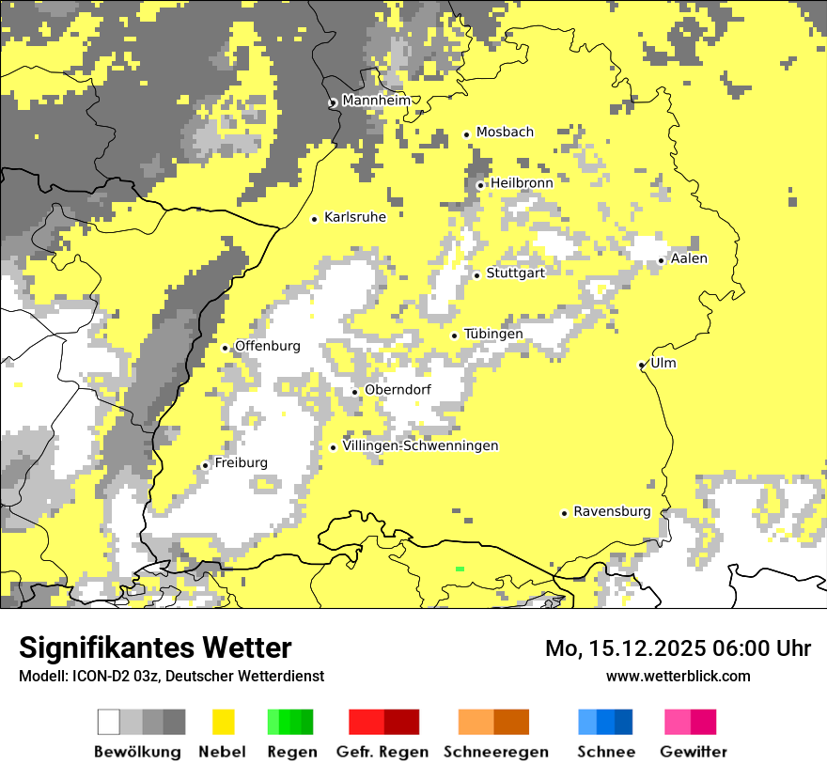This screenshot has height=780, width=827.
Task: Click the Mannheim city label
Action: tap(376, 101)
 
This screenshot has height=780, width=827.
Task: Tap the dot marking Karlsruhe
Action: tap(315, 219)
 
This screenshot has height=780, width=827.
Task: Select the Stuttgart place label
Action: tap(515, 273)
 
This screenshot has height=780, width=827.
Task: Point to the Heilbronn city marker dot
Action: tap(480, 185)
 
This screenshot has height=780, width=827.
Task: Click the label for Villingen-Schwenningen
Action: tap(420, 446)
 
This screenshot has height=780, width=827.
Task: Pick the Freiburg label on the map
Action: tap(241, 463)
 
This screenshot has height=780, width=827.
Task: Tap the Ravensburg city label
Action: tap(612, 512)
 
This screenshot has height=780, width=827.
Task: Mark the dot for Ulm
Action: tap(642, 365)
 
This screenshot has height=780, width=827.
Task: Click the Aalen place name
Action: tap(689, 258)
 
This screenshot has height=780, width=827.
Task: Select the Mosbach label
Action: tap(505, 133)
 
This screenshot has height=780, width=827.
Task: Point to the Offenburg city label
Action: tap(267, 346)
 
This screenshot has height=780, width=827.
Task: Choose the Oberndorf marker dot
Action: tap(354, 392)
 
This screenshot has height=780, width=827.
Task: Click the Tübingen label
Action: tap(493, 335)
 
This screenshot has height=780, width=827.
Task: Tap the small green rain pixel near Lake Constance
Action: tap(460, 569)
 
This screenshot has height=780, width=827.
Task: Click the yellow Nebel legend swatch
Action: tap(223, 722)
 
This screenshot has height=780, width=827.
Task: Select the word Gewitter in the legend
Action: tap(694, 752)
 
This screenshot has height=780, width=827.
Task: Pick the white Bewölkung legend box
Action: tap(109, 722)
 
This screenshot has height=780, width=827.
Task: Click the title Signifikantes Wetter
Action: tap(155, 647)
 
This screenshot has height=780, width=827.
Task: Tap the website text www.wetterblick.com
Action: tap(678, 676)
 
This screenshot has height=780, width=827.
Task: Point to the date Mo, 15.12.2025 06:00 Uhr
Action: tap(678, 648)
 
